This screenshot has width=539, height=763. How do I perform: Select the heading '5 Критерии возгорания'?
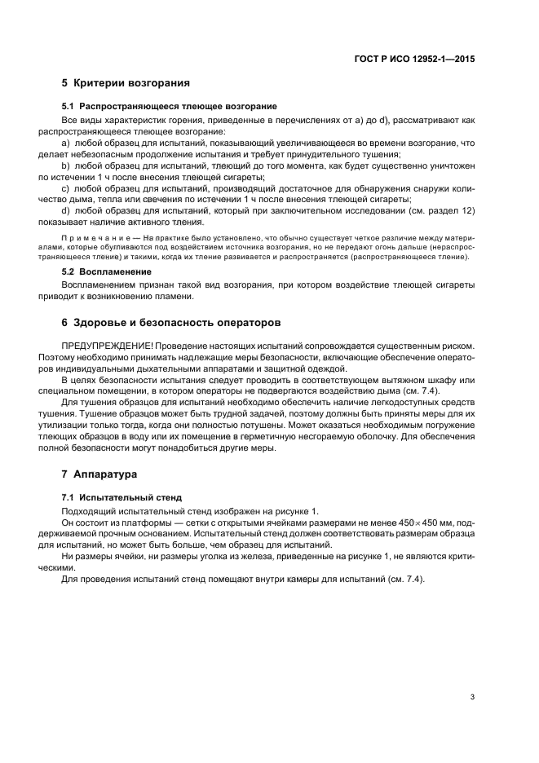point(126,83)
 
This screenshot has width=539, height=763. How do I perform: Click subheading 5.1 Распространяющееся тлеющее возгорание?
point(170,106)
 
